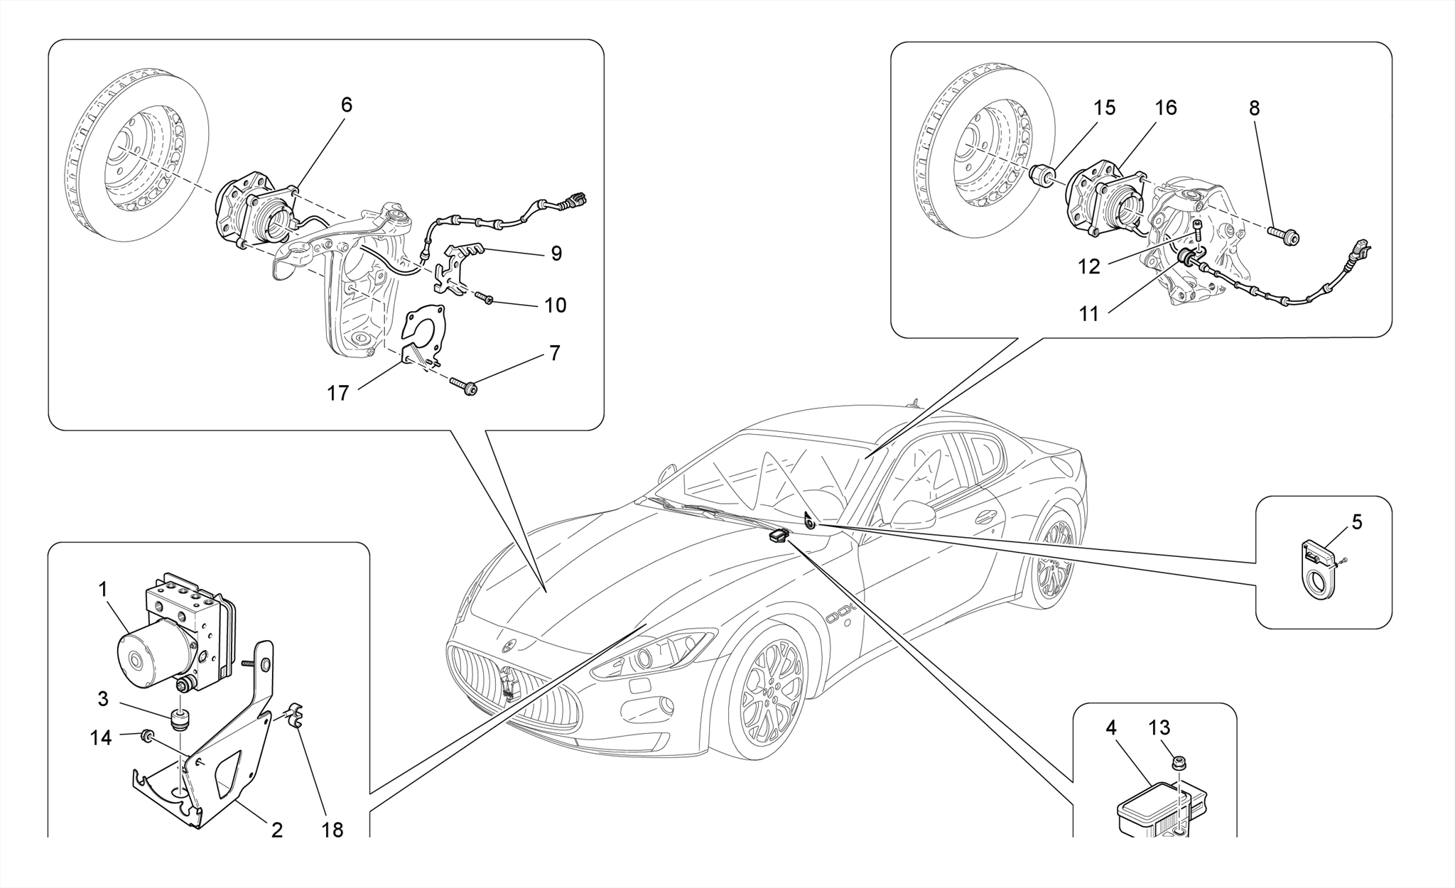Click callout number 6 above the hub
pyautogui.click(x=346, y=105)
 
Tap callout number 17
pyautogui.click(x=338, y=393)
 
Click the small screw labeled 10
pyautogui.click(x=485, y=298)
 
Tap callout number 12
pyautogui.click(x=1088, y=267)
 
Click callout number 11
pyautogui.click(x=1088, y=314)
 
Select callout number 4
pyautogui.click(x=1110, y=728)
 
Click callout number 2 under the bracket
pyautogui.click(x=277, y=830)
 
